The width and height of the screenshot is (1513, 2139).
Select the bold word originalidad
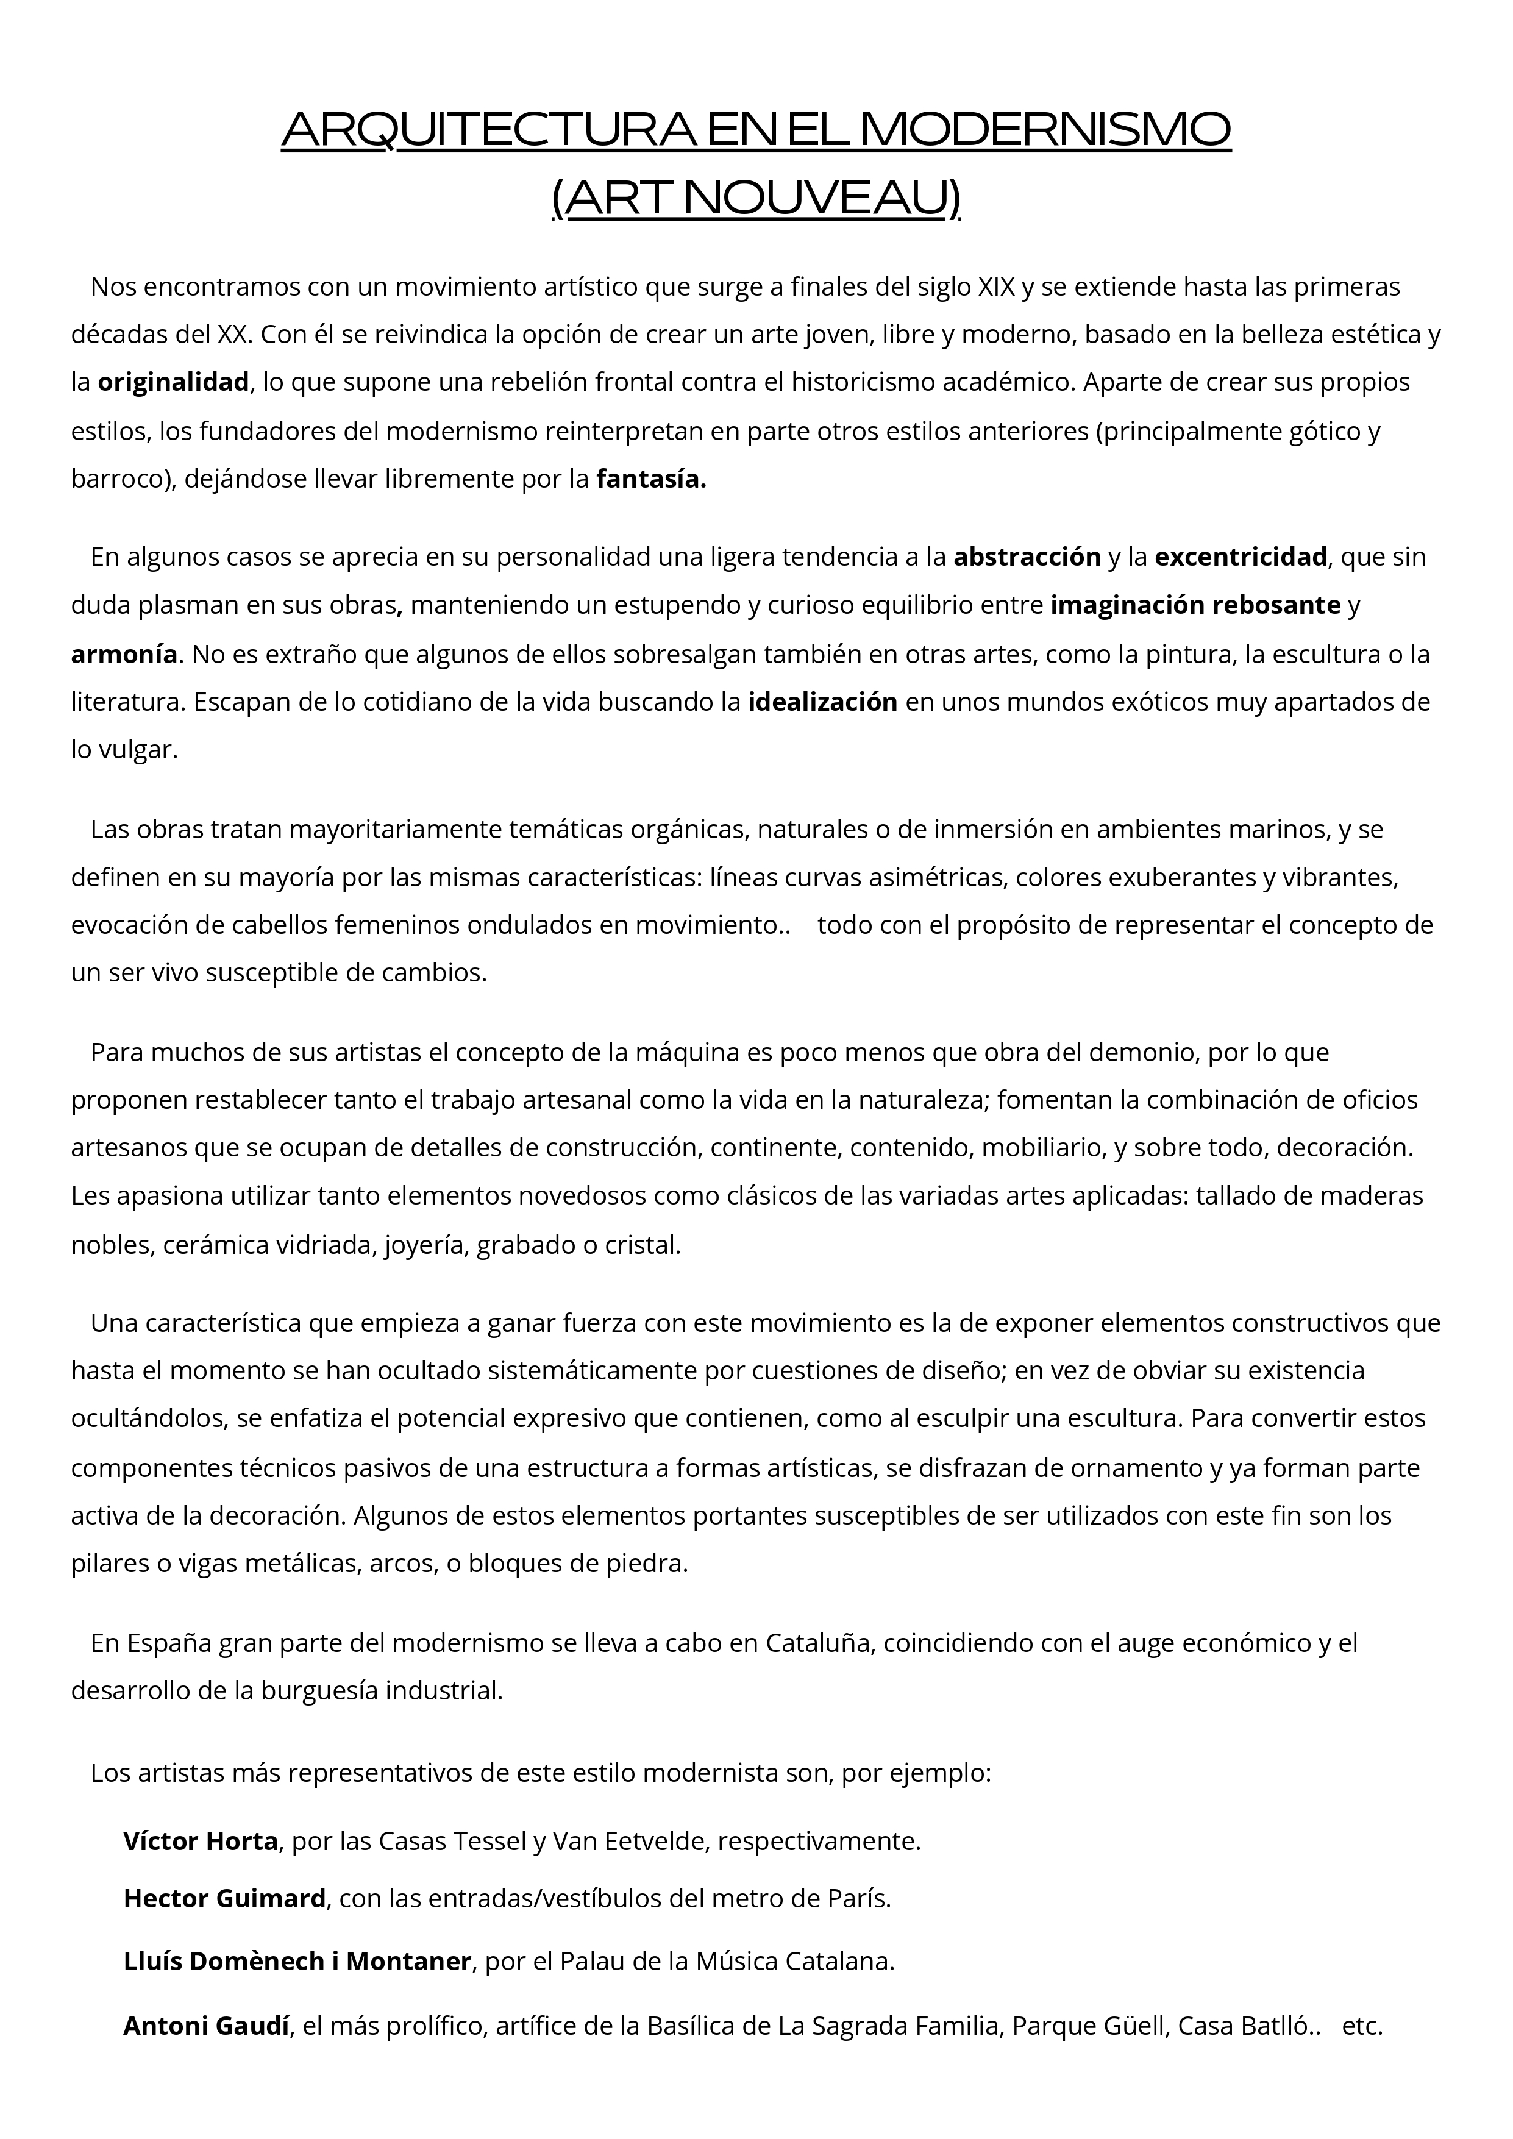coord(173,382)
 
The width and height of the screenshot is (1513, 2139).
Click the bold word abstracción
coord(1027,557)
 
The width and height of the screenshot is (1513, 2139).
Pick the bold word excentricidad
coord(1240,557)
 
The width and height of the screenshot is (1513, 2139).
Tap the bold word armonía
coord(124,654)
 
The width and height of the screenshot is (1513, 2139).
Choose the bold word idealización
coord(823,702)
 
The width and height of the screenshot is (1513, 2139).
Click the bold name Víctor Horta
coord(201,1842)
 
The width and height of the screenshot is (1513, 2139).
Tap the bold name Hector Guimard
coord(224,1899)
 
